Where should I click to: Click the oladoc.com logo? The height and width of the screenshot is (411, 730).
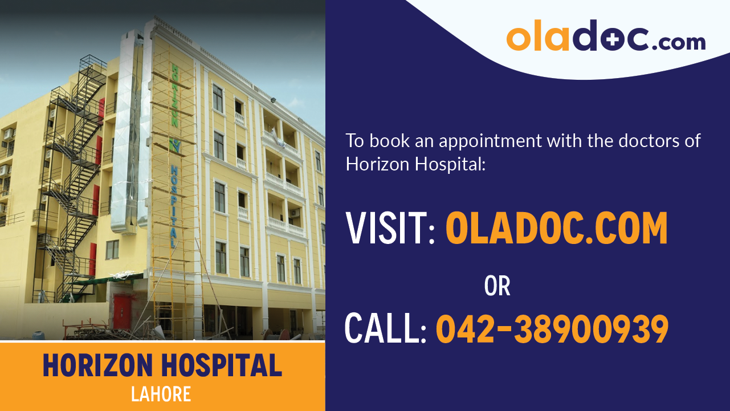point(605,37)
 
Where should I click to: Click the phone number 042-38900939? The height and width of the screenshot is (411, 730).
point(552,329)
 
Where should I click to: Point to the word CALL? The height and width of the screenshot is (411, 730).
point(385,329)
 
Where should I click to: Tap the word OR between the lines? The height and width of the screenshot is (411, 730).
point(497,286)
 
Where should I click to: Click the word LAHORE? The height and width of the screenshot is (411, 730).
point(161,394)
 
